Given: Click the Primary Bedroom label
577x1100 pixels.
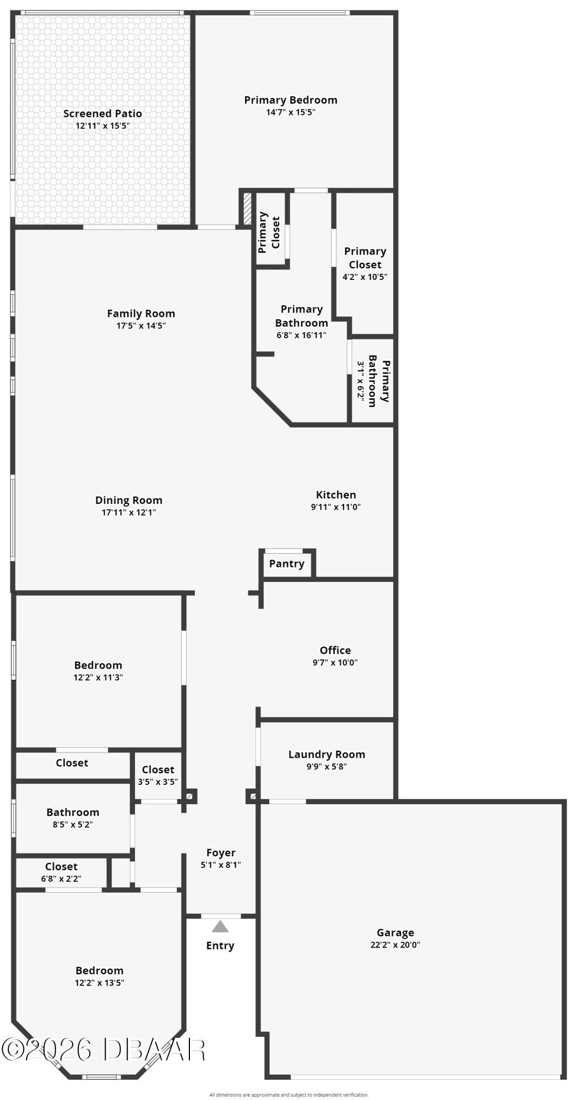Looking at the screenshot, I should click(x=291, y=100).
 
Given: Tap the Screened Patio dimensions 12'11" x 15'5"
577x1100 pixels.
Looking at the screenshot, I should click(x=102, y=126).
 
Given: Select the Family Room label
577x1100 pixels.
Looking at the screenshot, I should click(x=141, y=313).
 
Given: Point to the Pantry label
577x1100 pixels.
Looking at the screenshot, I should click(x=286, y=564).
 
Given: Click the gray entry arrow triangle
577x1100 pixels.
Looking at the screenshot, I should click(x=220, y=927).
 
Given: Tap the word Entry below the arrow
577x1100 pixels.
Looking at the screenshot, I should click(x=220, y=946).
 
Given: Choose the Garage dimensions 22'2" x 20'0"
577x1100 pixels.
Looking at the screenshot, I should click(x=395, y=945).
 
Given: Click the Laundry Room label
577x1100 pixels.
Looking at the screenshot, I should click(x=326, y=755).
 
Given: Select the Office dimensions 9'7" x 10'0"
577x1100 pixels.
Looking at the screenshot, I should click(x=335, y=663).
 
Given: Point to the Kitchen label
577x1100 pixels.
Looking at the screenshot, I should click(x=336, y=495).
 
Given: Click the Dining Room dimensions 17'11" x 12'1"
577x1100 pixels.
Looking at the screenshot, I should click(x=129, y=513).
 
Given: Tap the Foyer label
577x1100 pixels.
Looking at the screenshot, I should click(x=221, y=853).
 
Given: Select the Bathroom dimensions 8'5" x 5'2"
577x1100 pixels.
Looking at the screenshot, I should click(x=73, y=824).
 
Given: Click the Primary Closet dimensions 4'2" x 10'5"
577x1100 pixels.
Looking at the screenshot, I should click(x=365, y=277).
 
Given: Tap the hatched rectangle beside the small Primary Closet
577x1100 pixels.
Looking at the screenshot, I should click(x=247, y=208).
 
